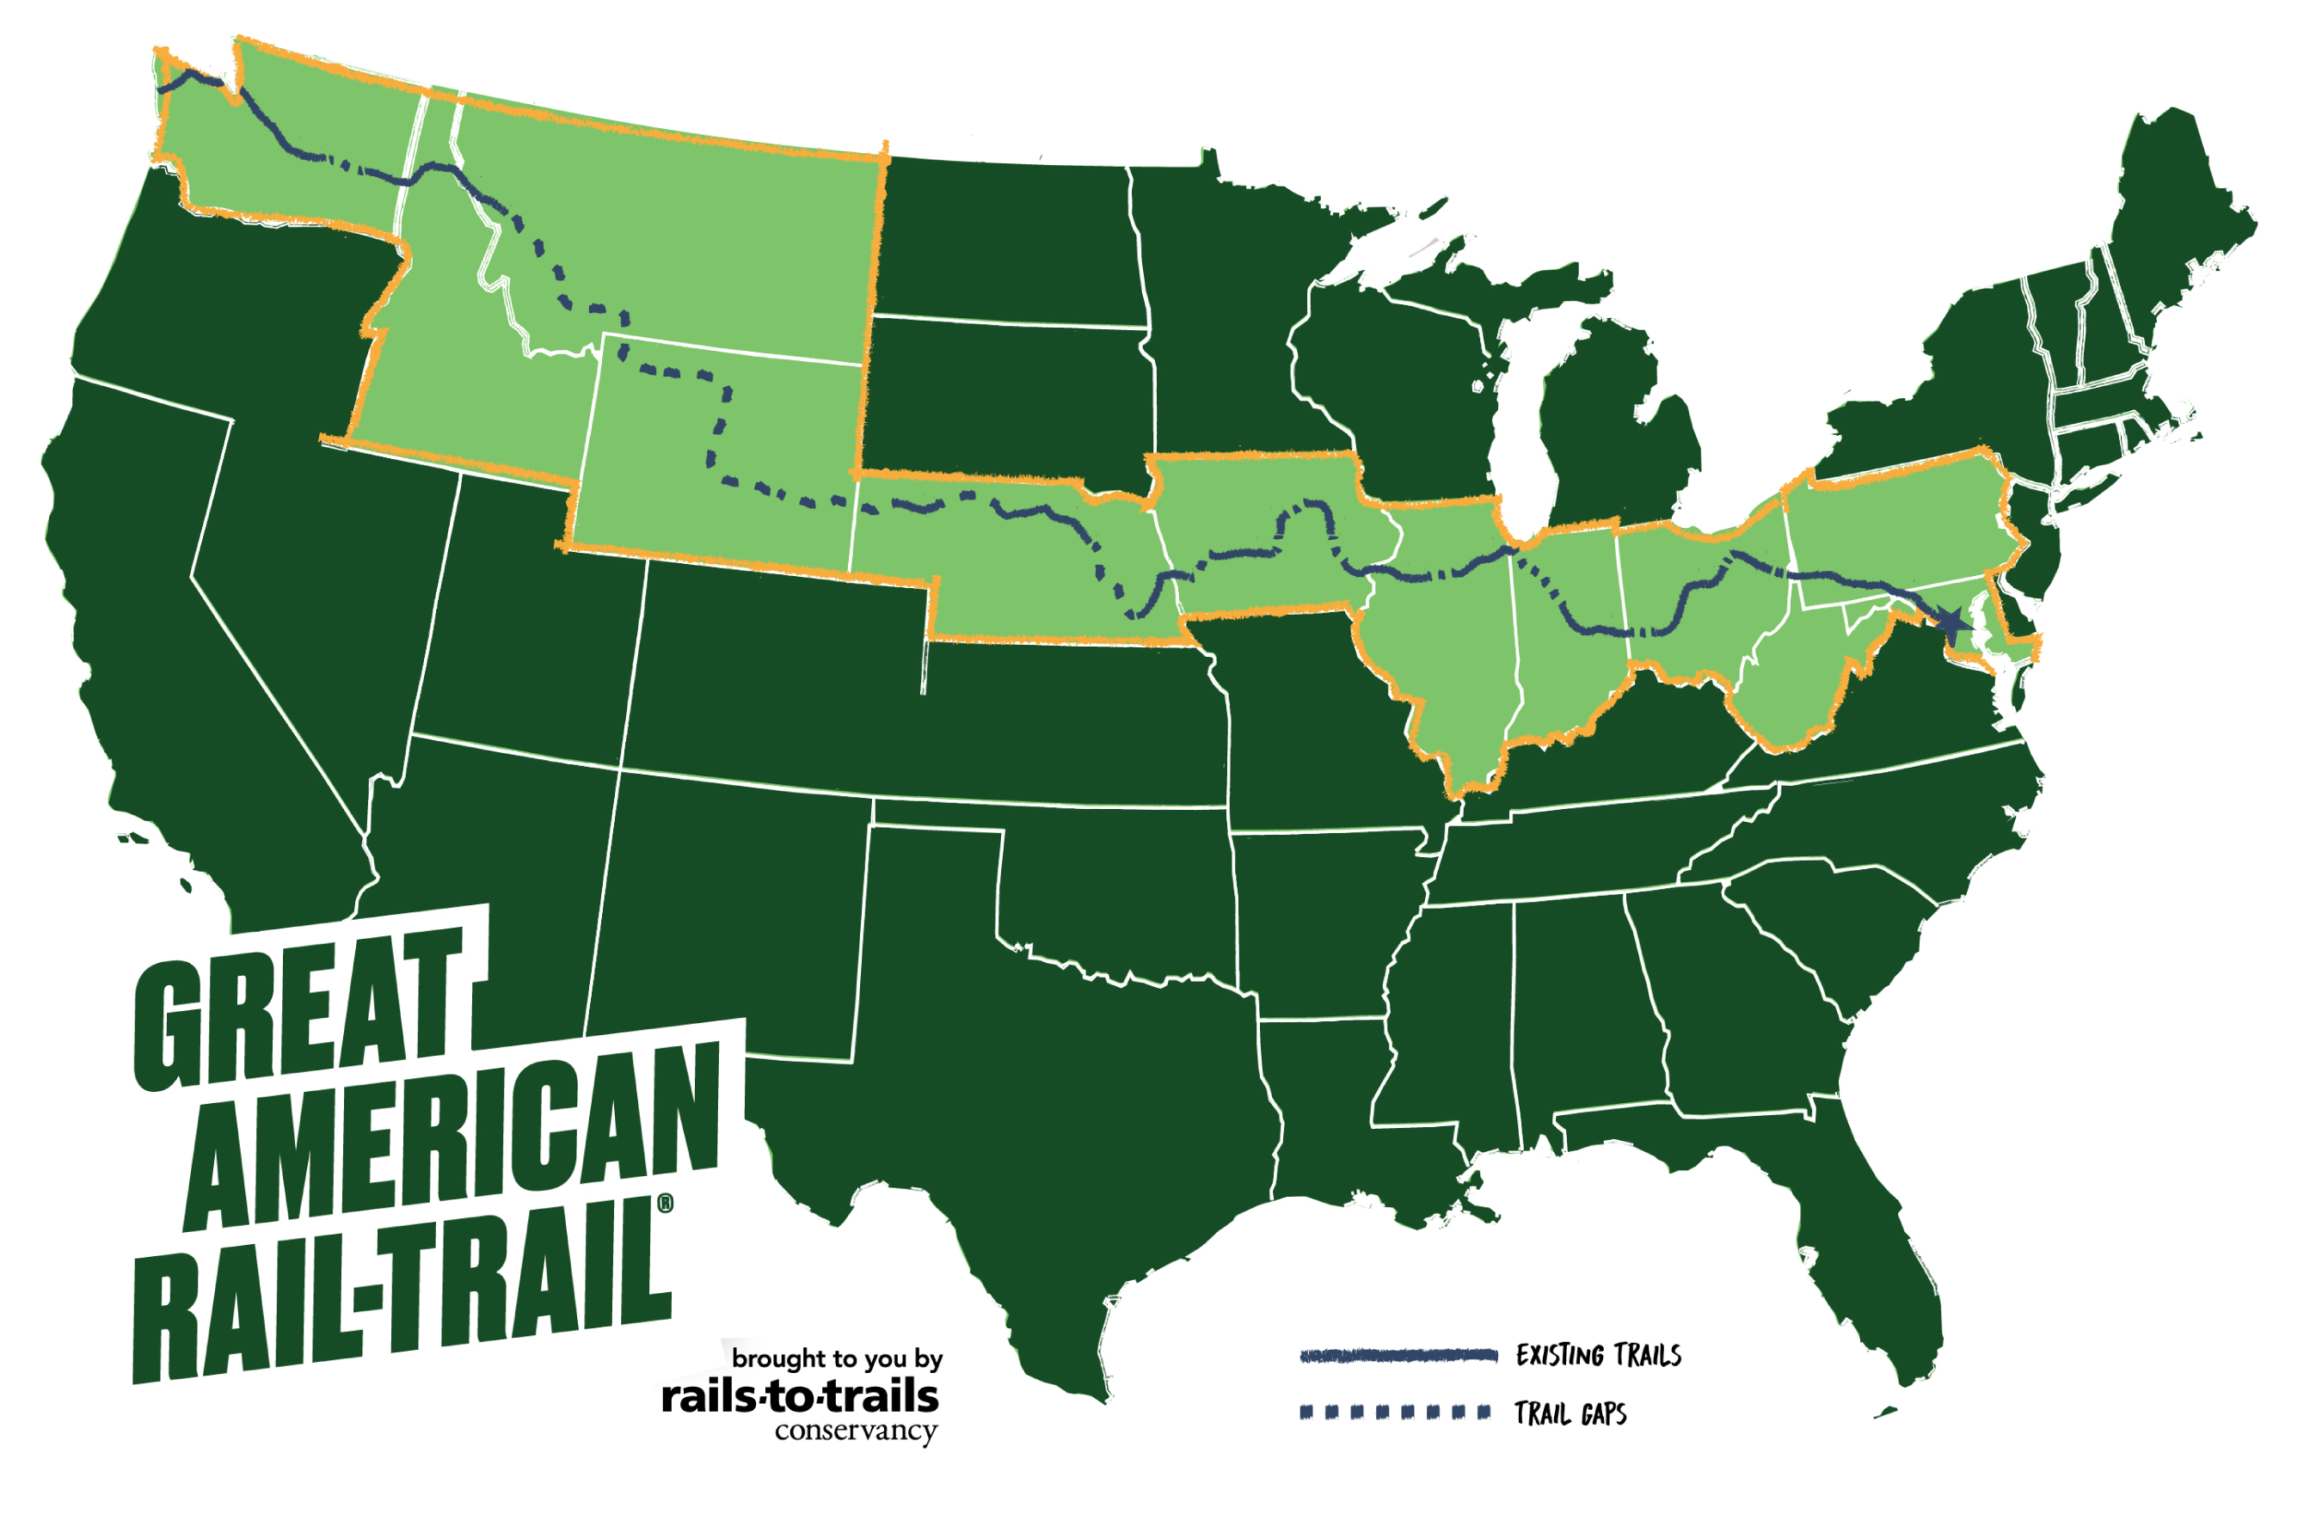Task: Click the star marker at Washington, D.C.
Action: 1950,620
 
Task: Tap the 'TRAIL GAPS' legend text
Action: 1570,1414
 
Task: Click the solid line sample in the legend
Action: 1398,1356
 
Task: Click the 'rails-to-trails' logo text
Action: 800,1398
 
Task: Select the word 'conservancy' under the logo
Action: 855,1431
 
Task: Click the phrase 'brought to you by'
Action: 837,1358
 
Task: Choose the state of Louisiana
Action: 1339,1116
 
